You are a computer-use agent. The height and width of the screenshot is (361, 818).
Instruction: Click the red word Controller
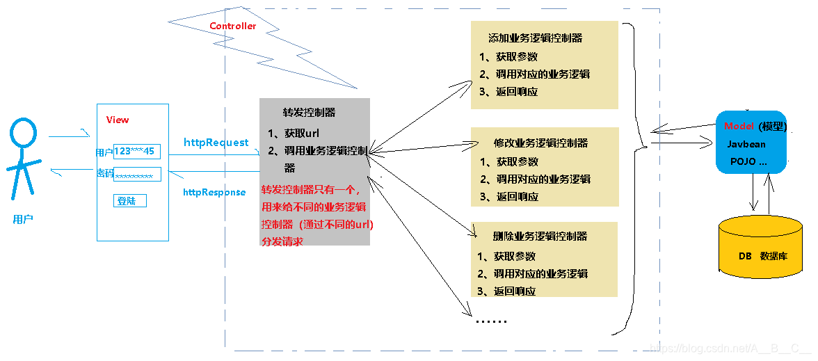232,26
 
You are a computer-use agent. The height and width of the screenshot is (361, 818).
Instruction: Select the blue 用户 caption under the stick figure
23,219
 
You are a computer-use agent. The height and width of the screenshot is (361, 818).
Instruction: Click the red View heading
118,120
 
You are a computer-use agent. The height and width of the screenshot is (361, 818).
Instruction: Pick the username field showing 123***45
136,151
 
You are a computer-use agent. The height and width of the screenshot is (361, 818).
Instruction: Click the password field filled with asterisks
137,175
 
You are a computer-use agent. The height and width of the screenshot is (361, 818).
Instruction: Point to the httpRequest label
216,142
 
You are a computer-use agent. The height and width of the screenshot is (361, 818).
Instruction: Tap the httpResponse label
214,192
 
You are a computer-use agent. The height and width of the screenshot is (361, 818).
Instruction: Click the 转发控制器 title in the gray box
309,111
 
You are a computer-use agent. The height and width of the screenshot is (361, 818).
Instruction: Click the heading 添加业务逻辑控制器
535,38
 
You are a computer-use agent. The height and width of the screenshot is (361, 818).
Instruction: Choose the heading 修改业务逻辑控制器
540,143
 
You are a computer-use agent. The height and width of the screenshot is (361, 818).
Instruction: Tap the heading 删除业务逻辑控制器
540,236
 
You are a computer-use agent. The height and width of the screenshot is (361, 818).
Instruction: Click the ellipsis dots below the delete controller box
490,321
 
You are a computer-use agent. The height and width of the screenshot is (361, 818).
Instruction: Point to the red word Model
739,126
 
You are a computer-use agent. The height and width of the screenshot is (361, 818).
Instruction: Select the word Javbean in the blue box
746,144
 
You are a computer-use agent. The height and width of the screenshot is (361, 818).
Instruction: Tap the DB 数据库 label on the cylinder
762,256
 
